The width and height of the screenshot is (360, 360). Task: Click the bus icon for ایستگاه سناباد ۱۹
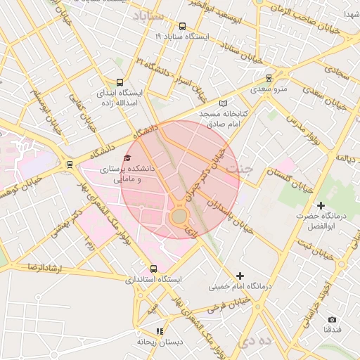click(183, 26)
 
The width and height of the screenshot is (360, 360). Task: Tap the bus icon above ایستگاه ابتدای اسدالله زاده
click(119, 82)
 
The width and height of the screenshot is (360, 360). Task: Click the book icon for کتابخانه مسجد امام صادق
click(224, 103)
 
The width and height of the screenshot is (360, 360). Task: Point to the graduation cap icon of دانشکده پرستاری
click(127, 159)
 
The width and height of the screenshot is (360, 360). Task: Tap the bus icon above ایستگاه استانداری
click(154, 269)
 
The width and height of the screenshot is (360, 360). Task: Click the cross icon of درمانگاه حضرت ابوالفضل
click(321, 206)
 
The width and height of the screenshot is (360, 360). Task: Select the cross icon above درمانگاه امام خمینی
click(240, 276)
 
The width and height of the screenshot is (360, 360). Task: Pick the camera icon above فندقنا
click(332, 319)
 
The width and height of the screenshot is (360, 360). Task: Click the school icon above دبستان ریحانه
click(160, 330)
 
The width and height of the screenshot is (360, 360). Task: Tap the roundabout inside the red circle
click(179, 216)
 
